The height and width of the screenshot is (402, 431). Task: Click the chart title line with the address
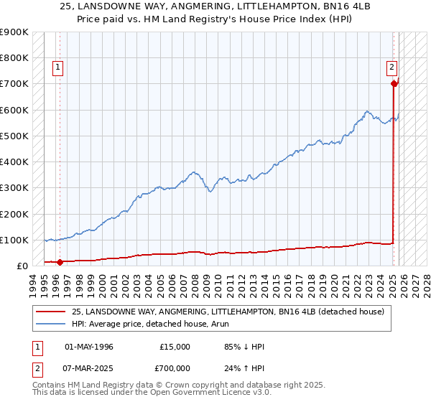215,6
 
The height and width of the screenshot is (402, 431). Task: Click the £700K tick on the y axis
14,84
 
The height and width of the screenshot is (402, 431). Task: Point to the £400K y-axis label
14,162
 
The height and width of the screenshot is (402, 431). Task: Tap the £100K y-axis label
14,240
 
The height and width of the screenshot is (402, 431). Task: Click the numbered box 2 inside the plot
392,67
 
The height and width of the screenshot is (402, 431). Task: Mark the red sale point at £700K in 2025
394,84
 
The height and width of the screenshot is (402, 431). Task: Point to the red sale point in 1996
60,262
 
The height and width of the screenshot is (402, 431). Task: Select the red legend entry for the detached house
228,312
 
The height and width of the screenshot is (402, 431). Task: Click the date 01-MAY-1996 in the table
89,347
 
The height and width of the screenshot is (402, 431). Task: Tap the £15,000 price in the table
175,347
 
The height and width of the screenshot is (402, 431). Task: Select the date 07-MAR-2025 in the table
89,368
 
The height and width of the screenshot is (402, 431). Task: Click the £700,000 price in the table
175,368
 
